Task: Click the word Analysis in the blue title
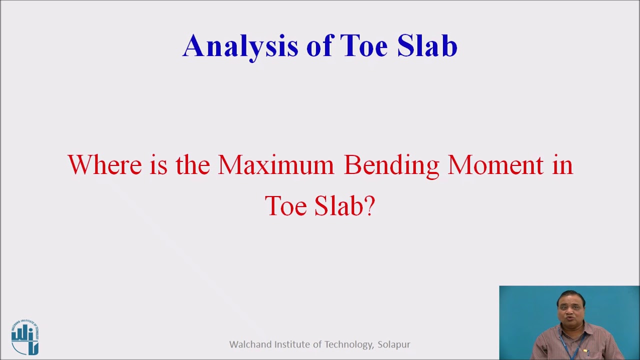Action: click(240, 46)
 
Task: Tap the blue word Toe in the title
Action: click(363, 46)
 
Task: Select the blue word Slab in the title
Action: click(427, 46)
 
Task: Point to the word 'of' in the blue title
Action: click(319, 46)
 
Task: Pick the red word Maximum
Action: click(275, 165)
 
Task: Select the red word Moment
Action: click(495, 165)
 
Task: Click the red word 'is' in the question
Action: click(158, 165)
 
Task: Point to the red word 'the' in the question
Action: click(192, 165)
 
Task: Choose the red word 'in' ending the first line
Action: click(562, 165)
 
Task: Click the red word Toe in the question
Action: click(285, 206)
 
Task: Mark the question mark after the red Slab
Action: click(369, 206)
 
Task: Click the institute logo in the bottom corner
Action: click(25, 337)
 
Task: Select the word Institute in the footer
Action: click(292, 344)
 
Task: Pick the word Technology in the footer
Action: click(348, 345)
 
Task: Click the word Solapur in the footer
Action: click(394, 345)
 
